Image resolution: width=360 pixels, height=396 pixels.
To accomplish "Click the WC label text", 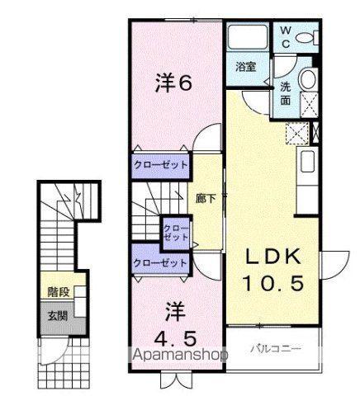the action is pyautogui.click(x=286, y=37).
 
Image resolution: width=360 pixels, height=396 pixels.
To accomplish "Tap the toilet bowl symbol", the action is pyautogui.click(x=308, y=38).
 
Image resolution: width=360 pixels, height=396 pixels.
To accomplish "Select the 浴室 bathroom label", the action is pyautogui.click(x=246, y=67).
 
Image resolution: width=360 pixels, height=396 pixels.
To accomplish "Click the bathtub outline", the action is pyautogui.click(x=249, y=38).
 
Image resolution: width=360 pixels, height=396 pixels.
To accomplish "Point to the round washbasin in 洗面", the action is pyautogui.click(x=308, y=79).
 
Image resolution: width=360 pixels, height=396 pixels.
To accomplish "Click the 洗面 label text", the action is pyautogui.click(x=286, y=94).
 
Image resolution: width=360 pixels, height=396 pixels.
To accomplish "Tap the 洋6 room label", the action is pyautogui.click(x=173, y=82).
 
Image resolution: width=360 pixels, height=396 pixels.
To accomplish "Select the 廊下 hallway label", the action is pyautogui.click(x=206, y=199).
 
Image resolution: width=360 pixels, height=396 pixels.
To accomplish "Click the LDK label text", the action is pyautogui.click(x=272, y=257).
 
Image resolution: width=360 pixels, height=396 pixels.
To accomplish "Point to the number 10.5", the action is pyautogui.click(x=273, y=283).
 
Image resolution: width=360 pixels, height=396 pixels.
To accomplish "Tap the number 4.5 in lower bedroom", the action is pyautogui.click(x=175, y=339).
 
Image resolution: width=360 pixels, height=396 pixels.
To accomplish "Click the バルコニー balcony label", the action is pyautogui.click(x=276, y=349).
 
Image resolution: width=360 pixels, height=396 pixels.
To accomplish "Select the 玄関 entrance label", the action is pyautogui.click(x=58, y=316).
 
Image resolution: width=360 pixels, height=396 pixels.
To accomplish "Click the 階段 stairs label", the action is pyautogui.click(x=58, y=292).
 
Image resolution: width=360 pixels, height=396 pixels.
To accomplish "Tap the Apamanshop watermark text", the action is pyautogui.click(x=180, y=355).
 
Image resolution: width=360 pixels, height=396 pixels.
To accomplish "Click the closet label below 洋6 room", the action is pyautogui.click(x=161, y=165).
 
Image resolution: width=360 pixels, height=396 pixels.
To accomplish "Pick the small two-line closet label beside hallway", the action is pyautogui.click(x=176, y=233).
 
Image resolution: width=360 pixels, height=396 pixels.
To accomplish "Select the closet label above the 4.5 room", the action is pyautogui.click(x=160, y=263).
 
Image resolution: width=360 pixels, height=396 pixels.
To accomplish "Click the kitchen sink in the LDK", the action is pyautogui.click(x=307, y=162).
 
